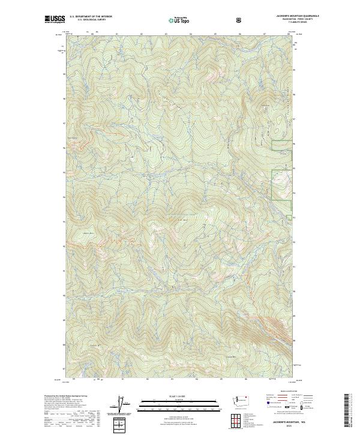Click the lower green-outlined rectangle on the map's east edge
282,184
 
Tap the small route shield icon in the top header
240,20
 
